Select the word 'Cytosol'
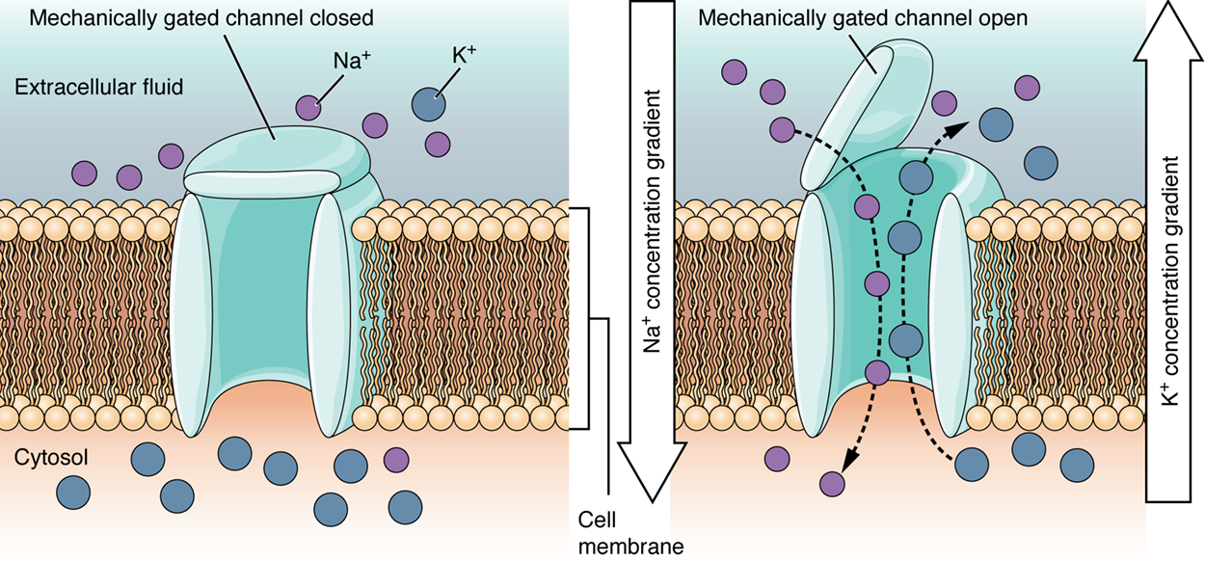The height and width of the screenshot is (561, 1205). click(51, 458)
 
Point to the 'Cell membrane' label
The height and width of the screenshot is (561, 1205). click(617, 533)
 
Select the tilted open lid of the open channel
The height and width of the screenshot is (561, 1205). click(851, 116)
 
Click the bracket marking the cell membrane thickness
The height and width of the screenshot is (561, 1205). click(586, 317)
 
